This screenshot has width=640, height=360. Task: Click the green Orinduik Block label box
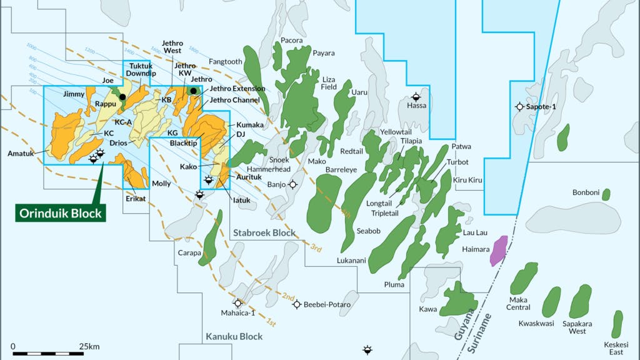[61, 213]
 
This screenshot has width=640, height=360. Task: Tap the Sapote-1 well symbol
[519, 107]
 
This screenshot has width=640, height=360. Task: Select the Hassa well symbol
[416, 97]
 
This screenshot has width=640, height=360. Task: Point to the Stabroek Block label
[264, 233]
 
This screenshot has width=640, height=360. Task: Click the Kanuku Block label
[234, 337]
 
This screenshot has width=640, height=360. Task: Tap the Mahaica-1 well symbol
[237, 302]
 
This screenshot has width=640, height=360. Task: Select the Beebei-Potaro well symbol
[297, 304]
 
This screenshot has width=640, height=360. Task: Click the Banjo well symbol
[292, 184]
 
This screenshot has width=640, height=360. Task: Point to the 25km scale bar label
[89, 346]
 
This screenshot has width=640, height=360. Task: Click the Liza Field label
[329, 83]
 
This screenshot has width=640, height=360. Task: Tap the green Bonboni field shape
[606, 194]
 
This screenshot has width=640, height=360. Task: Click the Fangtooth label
[226, 62]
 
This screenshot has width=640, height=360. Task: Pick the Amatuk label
[20, 153]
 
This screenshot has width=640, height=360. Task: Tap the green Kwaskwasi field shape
[551, 302]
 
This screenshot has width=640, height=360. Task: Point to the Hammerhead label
[269, 169]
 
